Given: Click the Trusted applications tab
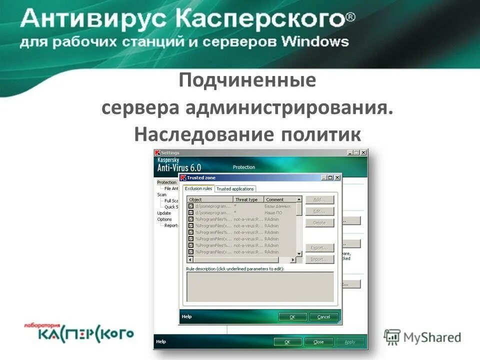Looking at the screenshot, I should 235,189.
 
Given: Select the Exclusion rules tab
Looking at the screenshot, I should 198,188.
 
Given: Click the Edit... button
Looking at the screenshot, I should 319,211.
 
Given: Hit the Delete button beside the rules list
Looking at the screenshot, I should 319,223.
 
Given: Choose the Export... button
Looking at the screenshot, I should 319,248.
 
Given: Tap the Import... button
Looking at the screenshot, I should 319,259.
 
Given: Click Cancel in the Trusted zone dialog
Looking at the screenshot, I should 323,317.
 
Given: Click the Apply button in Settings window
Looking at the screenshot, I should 349,342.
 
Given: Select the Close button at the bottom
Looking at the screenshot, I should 318,342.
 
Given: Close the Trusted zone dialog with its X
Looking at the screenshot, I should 337,177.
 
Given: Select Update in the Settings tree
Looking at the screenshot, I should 164,213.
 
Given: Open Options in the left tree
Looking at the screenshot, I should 164,219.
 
